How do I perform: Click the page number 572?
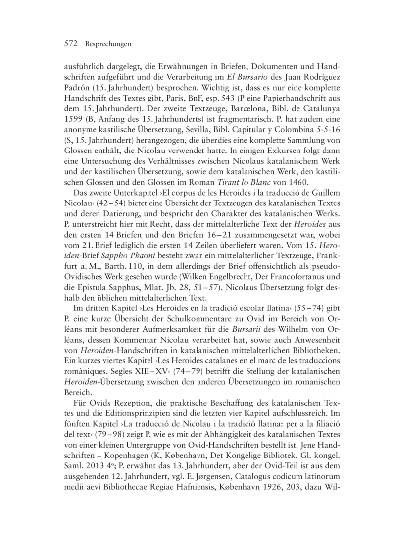tap(73, 44)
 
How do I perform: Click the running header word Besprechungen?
tap(107, 44)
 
